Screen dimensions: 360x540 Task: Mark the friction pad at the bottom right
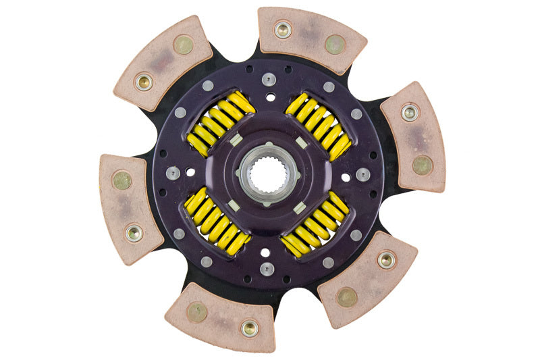tap(368, 278)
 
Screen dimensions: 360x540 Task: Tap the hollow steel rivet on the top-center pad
tap(283, 30)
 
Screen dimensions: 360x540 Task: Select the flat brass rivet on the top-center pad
tap(334, 45)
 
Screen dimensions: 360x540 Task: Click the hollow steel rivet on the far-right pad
tap(410, 112)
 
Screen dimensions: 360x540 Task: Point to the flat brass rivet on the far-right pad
tap(422, 163)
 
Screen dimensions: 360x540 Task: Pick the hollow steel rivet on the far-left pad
tap(134, 233)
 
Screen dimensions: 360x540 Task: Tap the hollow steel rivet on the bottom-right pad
tap(387, 260)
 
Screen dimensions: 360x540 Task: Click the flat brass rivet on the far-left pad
tap(122, 180)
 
